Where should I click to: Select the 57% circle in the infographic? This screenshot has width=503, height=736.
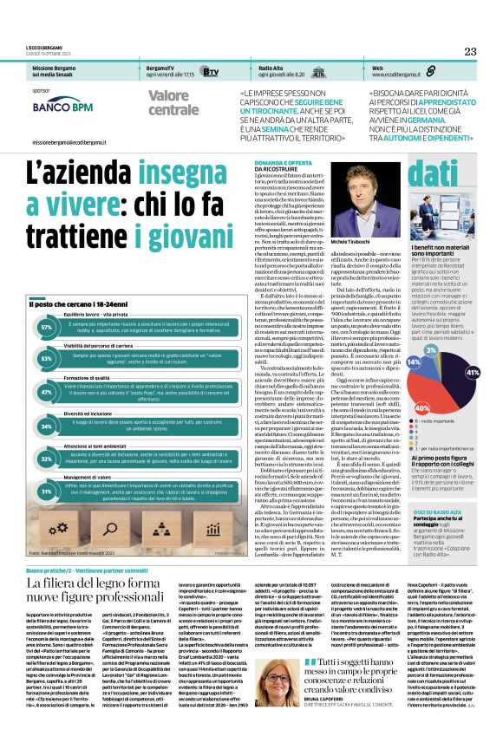point(46,328)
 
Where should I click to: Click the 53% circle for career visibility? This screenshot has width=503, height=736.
point(46,358)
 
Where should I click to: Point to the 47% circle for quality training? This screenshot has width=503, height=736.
point(46,392)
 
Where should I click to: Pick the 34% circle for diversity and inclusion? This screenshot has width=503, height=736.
point(46,427)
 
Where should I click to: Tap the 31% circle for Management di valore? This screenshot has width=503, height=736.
point(46,492)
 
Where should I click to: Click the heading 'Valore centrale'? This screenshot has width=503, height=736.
point(173,102)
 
